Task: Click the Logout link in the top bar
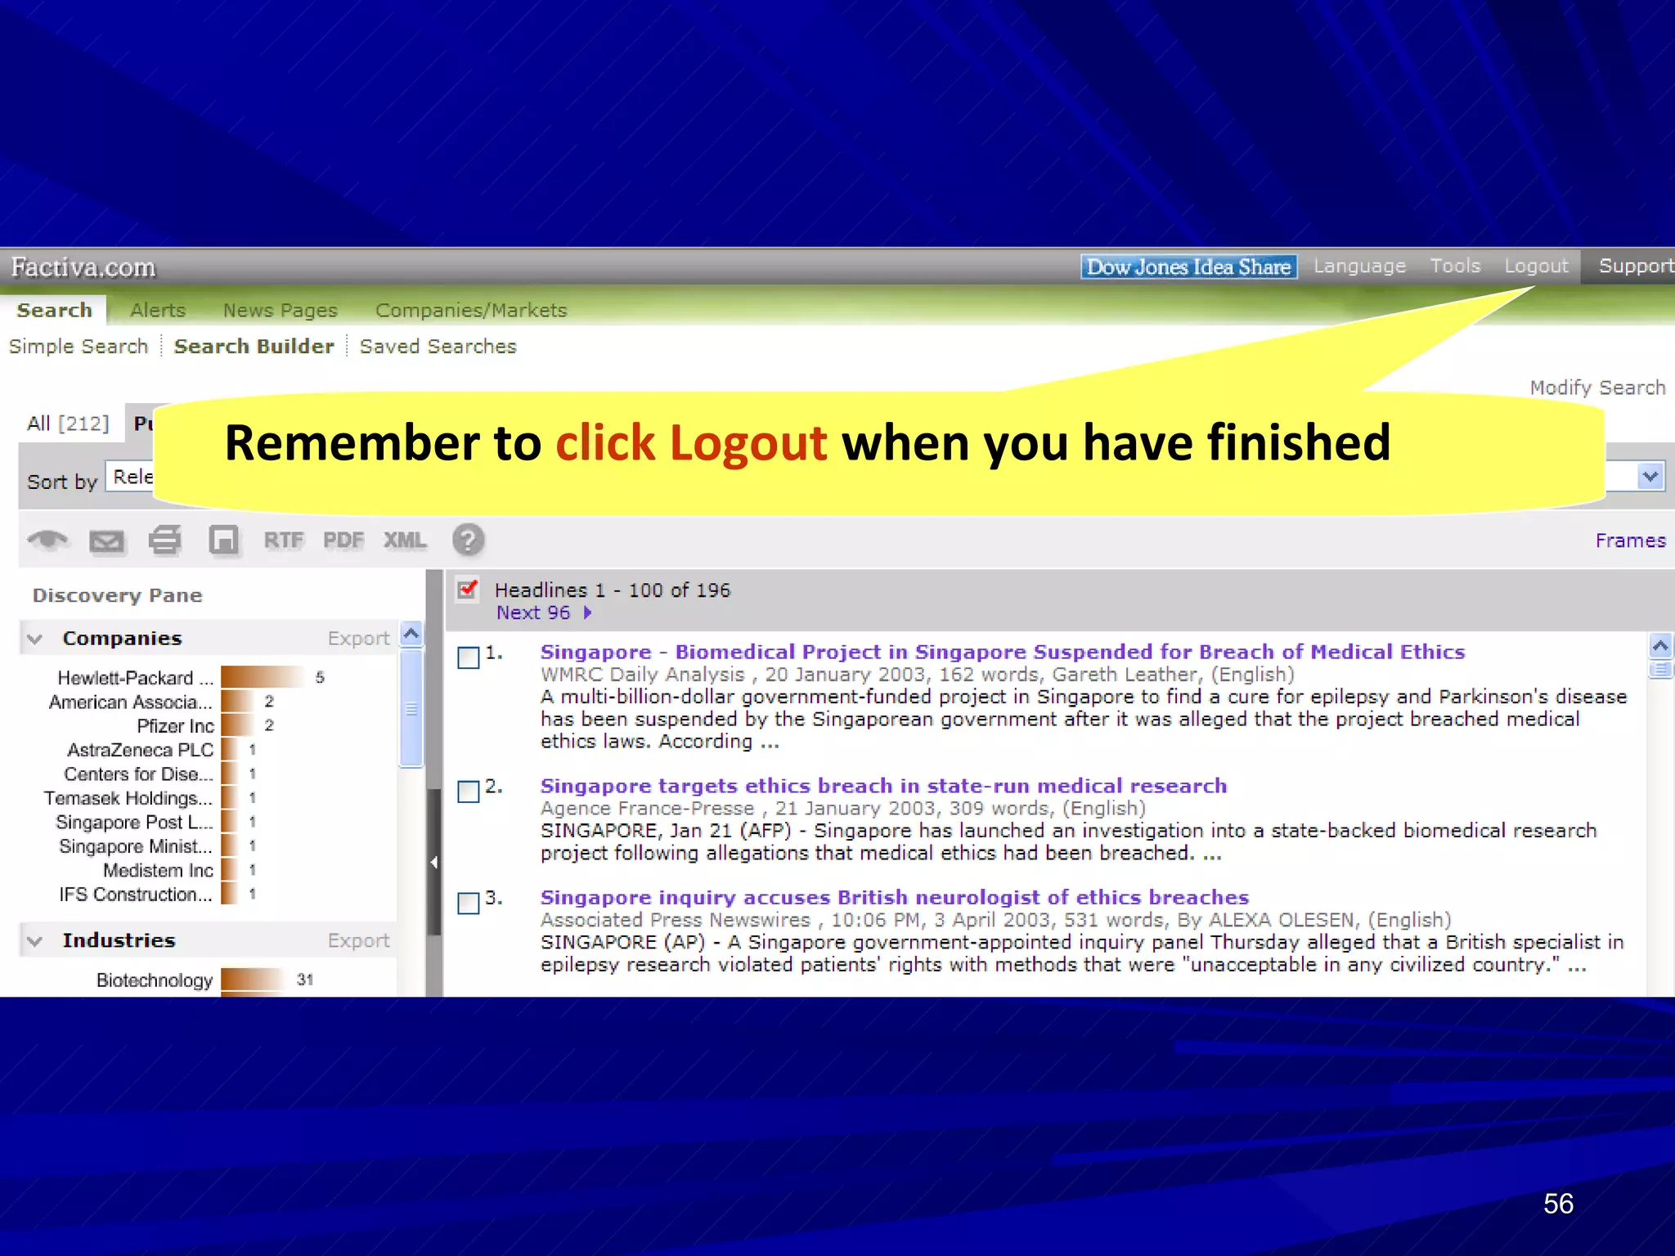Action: [x=1535, y=267]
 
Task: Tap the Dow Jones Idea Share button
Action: [x=1188, y=267]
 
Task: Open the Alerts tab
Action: [x=158, y=311]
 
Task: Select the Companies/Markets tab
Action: [x=470, y=311]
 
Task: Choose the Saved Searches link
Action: [x=438, y=347]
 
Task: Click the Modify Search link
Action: [x=1596, y=388]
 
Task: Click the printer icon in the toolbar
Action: [x=164, y=541]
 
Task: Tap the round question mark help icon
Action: [x=468, y=541]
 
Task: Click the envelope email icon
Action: [x=106, y=541]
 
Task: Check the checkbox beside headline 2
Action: [x=469, y=792]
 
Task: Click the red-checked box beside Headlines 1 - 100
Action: [x=467, y=590]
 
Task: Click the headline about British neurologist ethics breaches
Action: [x=894, y=897]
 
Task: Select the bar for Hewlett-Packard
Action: [x=262, y=677]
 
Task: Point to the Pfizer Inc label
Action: [x=175, y=726]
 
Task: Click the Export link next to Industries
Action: [x=358, y=940]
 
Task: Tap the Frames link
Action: [x=1629, y=541]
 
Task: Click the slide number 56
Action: [x=1557, y=1204]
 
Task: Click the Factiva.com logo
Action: [x=83, y=267]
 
